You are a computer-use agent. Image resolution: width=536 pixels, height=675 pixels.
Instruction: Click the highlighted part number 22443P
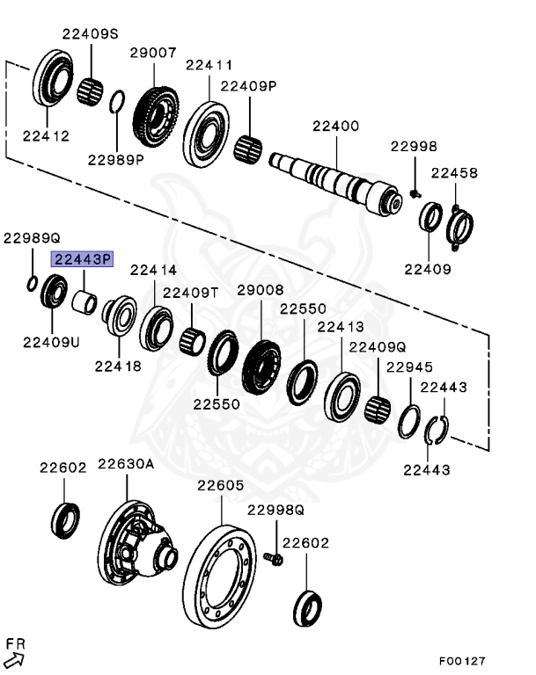click(x=84, y=258)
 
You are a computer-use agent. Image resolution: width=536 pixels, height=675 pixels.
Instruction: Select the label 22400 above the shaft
click(x=335, y=126)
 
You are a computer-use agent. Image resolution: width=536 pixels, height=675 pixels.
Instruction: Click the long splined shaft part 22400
click(x=334, y=180)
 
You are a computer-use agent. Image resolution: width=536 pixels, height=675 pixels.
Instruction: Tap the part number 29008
click(x=260, y=289)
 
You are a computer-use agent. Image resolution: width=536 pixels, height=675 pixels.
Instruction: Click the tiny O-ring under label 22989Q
click(x=31, y=283)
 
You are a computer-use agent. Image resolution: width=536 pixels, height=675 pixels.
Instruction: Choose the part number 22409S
click(x=90, y=33)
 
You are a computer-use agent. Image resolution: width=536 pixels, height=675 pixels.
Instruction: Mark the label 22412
click(x=46, y=136)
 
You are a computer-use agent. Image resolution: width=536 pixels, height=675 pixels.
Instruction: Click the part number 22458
click(x=454, y=173)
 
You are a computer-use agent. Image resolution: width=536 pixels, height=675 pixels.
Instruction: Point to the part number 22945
click(x=409, y=367)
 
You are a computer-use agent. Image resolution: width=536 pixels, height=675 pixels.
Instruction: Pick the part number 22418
click(x=118, y=366)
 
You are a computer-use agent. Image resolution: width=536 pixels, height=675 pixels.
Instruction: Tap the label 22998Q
click(x=275, y=510)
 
